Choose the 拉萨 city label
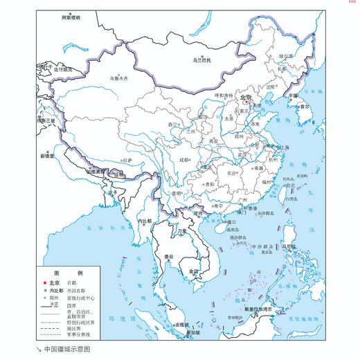[x=127, y=160]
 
